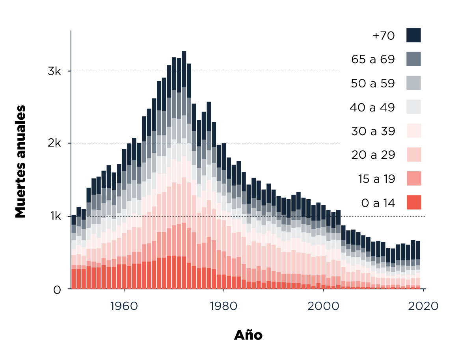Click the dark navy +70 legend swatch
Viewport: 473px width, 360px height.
pos(413,35)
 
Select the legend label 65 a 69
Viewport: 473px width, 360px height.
pos(373,59)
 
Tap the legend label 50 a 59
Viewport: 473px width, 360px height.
pos(373,84)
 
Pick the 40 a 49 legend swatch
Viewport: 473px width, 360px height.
pos(413,107)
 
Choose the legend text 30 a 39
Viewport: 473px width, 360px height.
pos(373,131)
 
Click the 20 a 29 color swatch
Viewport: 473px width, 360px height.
pos(413,154)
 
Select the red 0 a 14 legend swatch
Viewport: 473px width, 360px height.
pos(413,202)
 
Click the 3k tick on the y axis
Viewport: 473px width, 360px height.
pos(55,72)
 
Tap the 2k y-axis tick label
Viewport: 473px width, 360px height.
pos(55,144)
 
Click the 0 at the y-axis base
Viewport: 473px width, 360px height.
pos(58,289)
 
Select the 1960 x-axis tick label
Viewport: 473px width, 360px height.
pos(124,306)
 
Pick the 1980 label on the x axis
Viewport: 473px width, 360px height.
pos(223,306)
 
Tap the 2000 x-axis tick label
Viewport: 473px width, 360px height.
pos(323,306)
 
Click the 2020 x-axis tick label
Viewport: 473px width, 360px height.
pos(423,306)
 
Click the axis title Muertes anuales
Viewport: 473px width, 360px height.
pos(20,161)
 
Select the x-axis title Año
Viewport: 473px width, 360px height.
pos(248,335)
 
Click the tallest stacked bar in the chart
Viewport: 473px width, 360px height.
pos(184,169)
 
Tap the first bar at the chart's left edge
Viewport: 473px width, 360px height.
pos(74,252)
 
